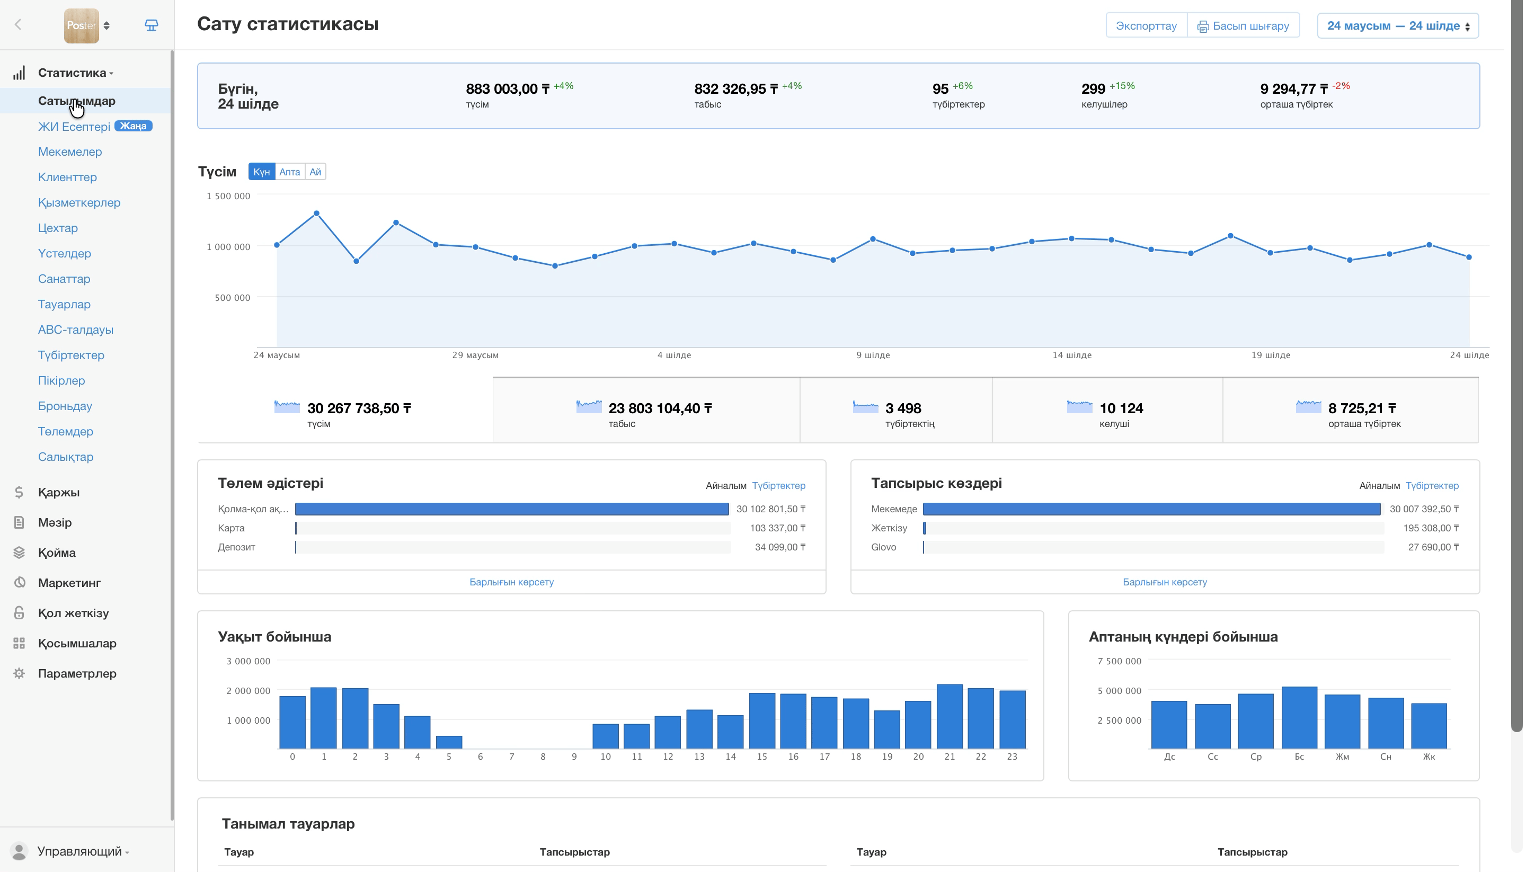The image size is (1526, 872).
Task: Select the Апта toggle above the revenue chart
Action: (x=290, y=172)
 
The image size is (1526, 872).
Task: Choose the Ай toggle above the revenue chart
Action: (x=316, y=172)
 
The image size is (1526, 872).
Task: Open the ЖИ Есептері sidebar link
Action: (x=74, y=127)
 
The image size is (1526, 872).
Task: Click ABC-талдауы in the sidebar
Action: (x=75, y=330)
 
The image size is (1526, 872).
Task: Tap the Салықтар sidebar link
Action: (x=66, y=457)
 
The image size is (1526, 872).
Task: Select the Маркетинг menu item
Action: (x=69, y=583)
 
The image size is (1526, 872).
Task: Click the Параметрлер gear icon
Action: (x=19, y=674)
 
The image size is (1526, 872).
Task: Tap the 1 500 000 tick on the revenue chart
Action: (x=229, y=196)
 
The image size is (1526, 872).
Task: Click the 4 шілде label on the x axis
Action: (x=675, y=355)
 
